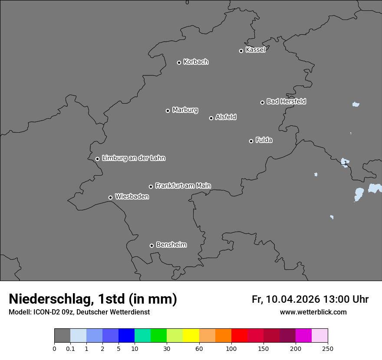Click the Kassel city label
point(255,50)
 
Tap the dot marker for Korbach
point(179,62)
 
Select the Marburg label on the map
point(185,110)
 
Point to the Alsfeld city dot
point(211,118)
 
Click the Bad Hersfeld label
point(286,101)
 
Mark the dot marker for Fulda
point(251,141)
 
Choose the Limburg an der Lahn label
point(133,158)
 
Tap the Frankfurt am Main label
point(183,186)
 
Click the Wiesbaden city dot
point(110,197)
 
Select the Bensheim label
point(171,245)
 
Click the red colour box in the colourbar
point(239,336)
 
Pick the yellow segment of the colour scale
point(191,336)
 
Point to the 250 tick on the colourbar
point(328,348)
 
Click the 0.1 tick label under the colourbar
point(70,348)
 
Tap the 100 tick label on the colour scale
point(231,348)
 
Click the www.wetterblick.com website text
point(313,312)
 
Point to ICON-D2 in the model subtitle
point(45,312)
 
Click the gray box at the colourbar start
point(62,336)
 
